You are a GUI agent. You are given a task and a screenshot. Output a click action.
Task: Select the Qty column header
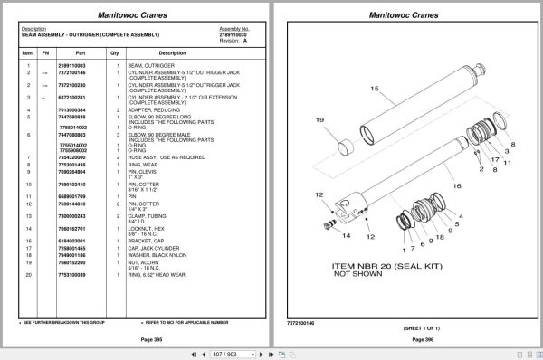click(115, 53)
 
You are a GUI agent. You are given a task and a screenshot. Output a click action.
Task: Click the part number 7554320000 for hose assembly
click(71, 157)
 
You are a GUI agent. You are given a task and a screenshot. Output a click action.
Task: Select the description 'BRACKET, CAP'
click(147, 242)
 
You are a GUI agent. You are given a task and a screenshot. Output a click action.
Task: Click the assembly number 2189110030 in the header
click(233, 34)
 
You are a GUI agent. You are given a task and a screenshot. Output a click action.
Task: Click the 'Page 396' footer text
click(406, 339)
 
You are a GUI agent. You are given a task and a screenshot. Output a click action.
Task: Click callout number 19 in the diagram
click(319, 120)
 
